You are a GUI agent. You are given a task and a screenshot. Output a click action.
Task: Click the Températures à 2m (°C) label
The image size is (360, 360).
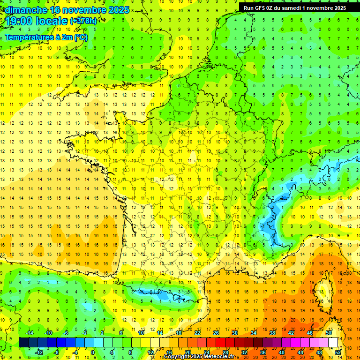[x=46, y=37]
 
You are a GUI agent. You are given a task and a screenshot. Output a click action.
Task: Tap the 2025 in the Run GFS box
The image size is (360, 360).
[x=337, y=7]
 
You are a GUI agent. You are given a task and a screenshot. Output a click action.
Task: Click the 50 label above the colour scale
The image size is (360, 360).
[x=328, y=333]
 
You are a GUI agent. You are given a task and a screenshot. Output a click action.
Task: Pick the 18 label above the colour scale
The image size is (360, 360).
[x=179, y=333]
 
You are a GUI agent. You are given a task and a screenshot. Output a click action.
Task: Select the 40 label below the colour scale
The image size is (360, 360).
[x=281, y=352]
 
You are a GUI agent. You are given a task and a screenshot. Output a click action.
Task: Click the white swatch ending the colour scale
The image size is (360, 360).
[x=333, y=343]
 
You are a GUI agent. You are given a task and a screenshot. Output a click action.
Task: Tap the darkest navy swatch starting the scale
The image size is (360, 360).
[x=23, y=343]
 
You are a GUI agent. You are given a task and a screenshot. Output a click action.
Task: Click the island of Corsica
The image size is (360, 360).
[x=323, y=288]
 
